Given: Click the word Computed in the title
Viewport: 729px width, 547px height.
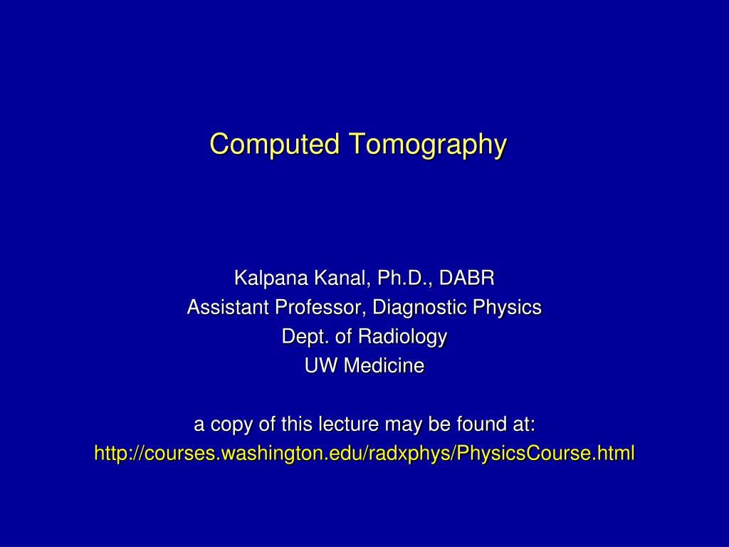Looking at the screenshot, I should click(x=275, y=145).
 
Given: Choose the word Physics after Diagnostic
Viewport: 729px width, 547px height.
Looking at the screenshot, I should click(x=510, y=308).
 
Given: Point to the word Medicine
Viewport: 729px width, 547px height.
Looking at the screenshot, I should click(x=384, y=366).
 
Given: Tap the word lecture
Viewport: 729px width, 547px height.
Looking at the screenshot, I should click(x=344, y=424).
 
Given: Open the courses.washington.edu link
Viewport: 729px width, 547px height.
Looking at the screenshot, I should click(x=364, y=453).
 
